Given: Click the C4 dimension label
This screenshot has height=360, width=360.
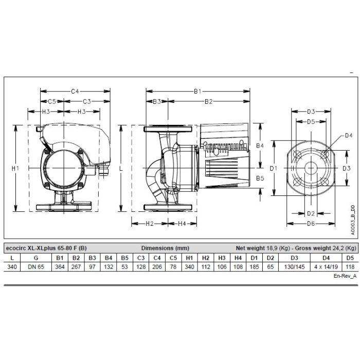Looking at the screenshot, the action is pos(75,92).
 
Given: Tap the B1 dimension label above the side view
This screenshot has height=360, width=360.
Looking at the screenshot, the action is pos(197,92).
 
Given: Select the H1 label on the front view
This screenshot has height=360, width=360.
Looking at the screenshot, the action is pos(15,169).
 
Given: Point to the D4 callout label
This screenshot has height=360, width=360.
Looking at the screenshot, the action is pos(349,136).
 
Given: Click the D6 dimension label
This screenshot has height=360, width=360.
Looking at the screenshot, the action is pos(311,223).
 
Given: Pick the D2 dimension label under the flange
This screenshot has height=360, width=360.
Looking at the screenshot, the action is pos(311,213).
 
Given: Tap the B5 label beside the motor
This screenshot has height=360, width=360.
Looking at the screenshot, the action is pos(260,178).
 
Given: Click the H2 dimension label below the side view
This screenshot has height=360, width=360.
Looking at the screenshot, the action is pos(150,223).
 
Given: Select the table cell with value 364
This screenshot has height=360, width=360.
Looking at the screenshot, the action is pos(60,267).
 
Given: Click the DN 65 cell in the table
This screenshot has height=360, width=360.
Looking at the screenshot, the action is pos(36,267).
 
